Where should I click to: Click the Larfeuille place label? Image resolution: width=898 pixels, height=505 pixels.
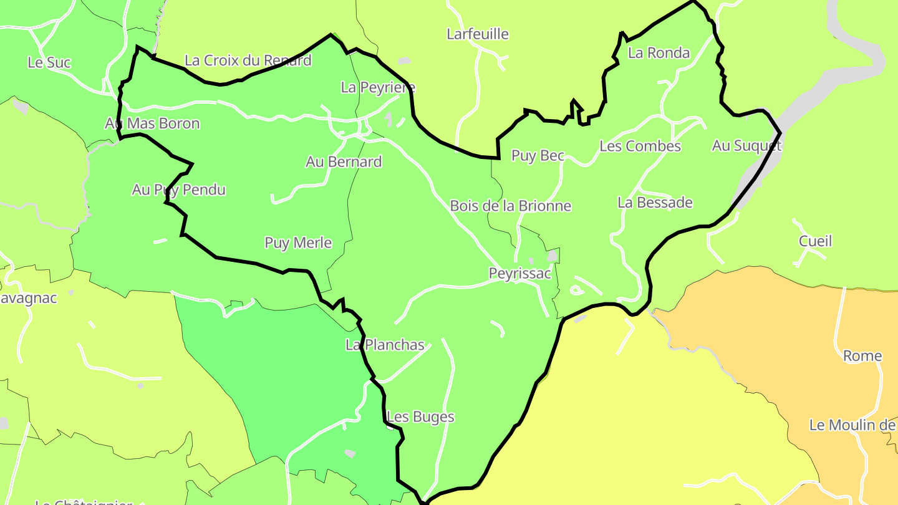[478, 34]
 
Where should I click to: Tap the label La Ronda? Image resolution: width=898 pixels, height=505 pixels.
[659, 53]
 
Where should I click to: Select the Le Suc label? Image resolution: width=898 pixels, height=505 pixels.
[49, 62]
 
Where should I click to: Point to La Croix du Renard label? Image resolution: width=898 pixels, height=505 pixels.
[248, 60]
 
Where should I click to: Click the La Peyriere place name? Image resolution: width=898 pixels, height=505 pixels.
[378, 87]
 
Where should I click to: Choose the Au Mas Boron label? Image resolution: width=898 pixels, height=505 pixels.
[152, 123]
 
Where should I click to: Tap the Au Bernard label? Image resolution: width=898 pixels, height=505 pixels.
[344, 162]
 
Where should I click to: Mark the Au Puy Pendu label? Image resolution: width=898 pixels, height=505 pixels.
[178, 190]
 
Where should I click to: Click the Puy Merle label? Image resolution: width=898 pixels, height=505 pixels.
[298, 243]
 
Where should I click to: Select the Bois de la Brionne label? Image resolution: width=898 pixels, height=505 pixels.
[510, 206]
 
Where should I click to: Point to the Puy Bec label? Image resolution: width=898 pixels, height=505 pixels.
[538, 156]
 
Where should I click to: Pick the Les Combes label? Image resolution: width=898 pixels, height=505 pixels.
[640, 147]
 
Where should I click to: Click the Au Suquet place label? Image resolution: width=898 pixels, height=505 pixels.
[746, 146]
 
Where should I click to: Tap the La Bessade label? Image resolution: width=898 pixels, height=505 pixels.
[655, 203]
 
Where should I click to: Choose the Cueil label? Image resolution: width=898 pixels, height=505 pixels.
[815, 241]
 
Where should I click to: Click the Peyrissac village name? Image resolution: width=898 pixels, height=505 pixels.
[519, 274]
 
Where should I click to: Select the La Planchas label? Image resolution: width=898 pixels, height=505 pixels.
[385, 345]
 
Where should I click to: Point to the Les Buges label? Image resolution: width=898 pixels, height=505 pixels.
[420, 417]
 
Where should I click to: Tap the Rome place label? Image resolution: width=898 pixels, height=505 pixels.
[862, 356]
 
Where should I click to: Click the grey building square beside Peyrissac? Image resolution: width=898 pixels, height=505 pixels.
[553, 255]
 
